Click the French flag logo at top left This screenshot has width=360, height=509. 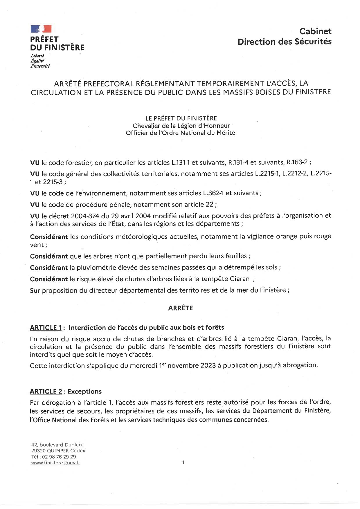click(x=41, y=29)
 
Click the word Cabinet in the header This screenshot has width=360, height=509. click(x=315, y=31)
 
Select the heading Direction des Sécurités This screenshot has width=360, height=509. click(x=284, y=41)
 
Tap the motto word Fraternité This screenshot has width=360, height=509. click(x=40, y=66)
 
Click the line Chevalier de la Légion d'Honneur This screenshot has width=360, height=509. click(x=181, y=126)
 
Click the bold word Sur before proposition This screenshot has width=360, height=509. click(x=35, y=290)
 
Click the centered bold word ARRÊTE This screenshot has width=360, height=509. click(x=180, y=308)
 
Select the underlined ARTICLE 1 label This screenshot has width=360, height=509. click(x=46, y=328)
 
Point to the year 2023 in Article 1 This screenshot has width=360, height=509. click(x=208, y=365)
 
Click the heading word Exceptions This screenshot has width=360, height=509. click(x=84, y=391)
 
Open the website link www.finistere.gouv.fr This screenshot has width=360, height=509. click(x=55, y=463)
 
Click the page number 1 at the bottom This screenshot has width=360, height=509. click(x=183, y=463)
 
